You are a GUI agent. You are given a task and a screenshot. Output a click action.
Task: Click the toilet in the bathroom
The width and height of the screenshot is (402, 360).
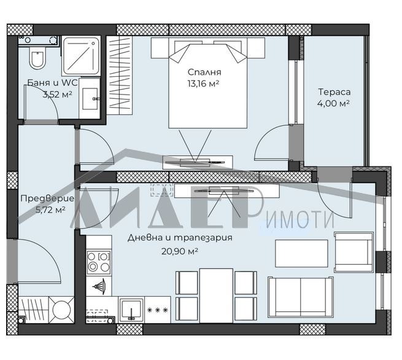point(37,60)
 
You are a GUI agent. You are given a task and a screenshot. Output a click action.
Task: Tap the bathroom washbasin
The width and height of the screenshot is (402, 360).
point(90,96)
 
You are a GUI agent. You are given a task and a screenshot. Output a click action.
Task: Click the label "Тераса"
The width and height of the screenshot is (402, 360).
point(333,92)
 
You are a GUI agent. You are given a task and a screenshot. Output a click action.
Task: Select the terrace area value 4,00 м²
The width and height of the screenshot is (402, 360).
point(333,103)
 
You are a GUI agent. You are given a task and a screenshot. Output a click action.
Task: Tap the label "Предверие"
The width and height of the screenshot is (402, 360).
point(47,198)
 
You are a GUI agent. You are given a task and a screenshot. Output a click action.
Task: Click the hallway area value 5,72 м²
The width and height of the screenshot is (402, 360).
point(51,209)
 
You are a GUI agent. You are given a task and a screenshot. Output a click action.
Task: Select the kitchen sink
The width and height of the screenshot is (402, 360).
point(131,309)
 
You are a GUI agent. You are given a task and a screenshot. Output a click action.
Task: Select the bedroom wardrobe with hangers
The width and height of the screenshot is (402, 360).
point(120,74)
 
